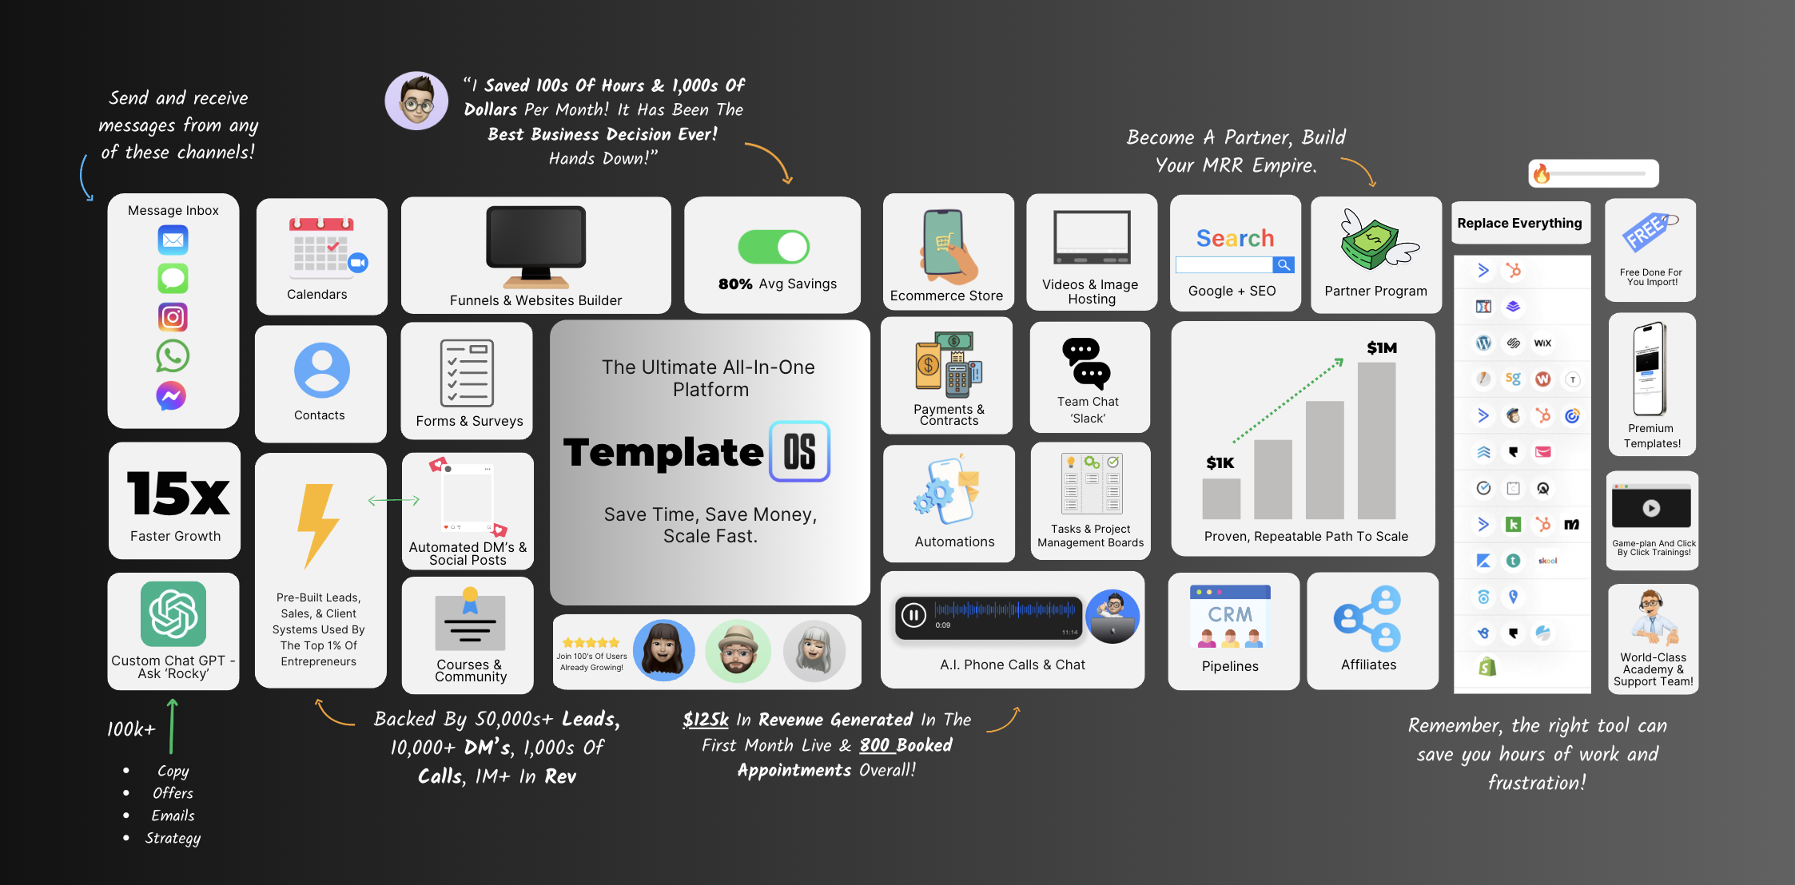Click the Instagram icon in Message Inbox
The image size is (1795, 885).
point(173,317)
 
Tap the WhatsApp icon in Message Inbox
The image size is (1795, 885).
point(173,356)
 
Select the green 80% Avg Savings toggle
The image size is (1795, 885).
point(773,247)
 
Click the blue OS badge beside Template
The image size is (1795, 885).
point(799,451)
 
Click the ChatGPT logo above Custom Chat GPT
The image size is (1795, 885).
point(173,613)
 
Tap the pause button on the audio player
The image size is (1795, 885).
point(913,615)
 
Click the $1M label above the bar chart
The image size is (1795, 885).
point(1381,347)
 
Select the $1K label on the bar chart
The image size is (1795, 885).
point(1220,462)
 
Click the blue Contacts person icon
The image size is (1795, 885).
point(321,371)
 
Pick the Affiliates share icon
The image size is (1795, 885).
point(1367,618)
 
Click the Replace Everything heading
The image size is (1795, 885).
point(1519,224)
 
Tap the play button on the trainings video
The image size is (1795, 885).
point(1651,508)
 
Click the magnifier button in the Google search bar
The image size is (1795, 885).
point(1283,264)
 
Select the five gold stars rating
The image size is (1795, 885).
point(591,642)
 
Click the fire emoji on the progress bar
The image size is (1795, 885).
point(1542,173)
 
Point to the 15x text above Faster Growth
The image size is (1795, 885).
point(177,494)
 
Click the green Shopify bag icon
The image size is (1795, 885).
point(1487,666)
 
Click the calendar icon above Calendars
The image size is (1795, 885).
point(321,246)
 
